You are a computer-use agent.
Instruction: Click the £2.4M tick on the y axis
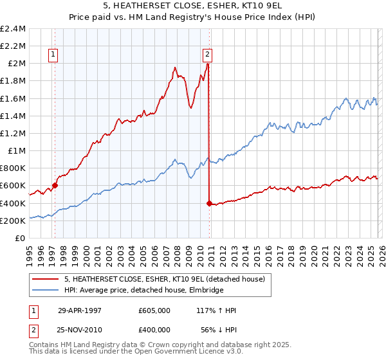coord(13,28)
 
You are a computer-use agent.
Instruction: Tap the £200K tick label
coord(13,221)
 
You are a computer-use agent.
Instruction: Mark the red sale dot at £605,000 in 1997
coord(55,185)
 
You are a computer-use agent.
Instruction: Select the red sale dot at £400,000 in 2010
coord(209,203)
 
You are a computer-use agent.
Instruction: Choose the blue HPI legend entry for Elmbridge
coord(143,290)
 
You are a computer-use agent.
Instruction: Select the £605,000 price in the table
coord(154,310)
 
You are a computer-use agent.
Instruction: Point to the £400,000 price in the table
coord(154,330)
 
